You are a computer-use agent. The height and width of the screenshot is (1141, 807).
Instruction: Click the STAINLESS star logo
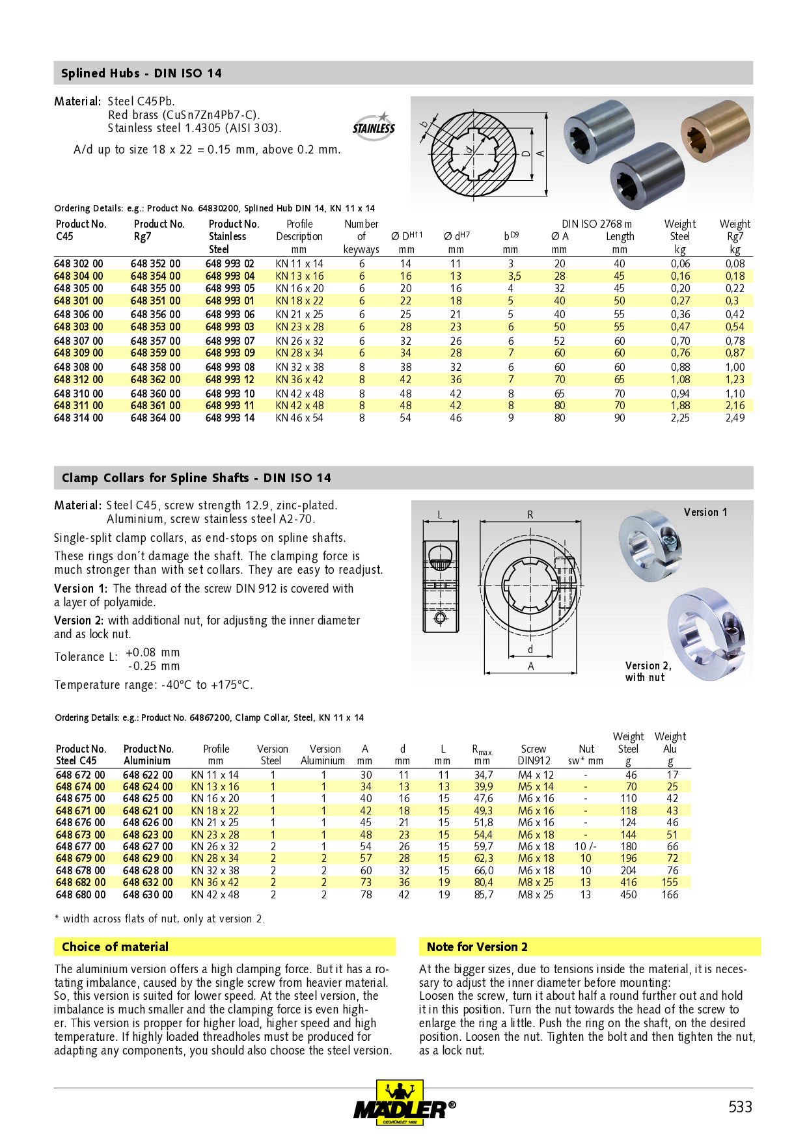374,124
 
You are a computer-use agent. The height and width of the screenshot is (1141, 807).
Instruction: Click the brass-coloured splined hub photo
715,130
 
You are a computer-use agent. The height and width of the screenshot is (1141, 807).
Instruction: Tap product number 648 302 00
79,263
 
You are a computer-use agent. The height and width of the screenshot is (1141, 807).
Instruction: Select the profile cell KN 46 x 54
299,418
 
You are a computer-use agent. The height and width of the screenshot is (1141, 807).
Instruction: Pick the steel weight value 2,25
680,418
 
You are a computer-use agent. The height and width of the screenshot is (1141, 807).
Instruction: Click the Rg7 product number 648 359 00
156,353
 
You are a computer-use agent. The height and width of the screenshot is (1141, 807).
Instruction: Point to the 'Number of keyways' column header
361,237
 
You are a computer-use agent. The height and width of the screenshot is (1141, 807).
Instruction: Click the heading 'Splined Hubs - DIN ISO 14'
141,74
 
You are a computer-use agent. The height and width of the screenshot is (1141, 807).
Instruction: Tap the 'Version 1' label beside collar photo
705,513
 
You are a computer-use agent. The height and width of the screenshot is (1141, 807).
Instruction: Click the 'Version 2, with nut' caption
648,672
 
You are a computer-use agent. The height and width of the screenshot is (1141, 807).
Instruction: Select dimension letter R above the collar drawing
530,515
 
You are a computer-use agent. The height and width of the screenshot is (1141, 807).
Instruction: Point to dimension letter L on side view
440,515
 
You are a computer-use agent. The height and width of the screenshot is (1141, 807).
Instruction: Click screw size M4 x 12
536,775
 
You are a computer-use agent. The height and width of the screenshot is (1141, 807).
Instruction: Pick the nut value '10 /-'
585,847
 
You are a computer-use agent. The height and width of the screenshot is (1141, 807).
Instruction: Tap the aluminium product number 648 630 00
148,895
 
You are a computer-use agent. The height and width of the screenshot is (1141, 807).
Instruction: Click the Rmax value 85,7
484,895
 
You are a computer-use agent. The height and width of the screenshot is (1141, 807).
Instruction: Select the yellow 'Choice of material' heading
115,947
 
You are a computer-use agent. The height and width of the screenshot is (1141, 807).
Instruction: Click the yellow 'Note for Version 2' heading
477,947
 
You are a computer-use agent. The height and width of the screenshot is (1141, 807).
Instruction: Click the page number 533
740,1107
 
